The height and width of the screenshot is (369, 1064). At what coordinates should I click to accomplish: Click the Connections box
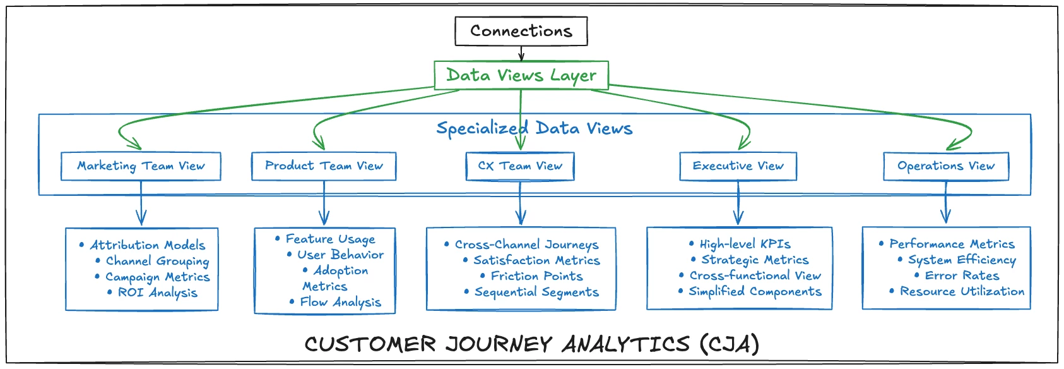point(521,31)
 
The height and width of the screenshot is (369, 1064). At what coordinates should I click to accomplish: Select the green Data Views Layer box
point(521,75)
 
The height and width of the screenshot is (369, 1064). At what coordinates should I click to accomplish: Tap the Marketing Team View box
point(141,166)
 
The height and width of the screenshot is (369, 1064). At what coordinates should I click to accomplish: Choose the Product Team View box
point(324,166)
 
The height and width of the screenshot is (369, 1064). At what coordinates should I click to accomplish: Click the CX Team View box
point(520,166)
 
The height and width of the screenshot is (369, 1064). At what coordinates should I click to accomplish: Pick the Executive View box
point(738,166)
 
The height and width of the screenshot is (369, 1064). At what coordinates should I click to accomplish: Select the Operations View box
point(945,166)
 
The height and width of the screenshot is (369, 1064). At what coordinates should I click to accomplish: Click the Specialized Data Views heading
point(534,128)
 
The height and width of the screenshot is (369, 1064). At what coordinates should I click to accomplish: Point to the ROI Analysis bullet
point(157,293)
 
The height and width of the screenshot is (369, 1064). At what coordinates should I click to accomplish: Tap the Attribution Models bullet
point(147,245)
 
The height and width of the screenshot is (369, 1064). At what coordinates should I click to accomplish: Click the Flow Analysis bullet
point(340,302)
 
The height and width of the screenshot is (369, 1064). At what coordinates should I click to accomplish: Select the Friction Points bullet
point(536,276)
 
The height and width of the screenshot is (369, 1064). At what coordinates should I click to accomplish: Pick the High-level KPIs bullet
point(745,244)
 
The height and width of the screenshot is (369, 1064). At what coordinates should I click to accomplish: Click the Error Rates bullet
point(962,275)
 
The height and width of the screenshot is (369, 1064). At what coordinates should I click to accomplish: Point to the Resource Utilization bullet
point(962,291)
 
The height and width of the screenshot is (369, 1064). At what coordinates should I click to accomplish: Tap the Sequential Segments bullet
point(536,292)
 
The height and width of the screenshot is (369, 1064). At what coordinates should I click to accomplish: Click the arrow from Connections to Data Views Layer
point(521,53)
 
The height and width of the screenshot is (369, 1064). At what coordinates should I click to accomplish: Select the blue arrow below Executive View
point(738,203)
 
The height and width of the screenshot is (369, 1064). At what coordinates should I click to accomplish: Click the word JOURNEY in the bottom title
point(499,344)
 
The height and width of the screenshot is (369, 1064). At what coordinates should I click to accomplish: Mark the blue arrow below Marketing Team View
point(141,203)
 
